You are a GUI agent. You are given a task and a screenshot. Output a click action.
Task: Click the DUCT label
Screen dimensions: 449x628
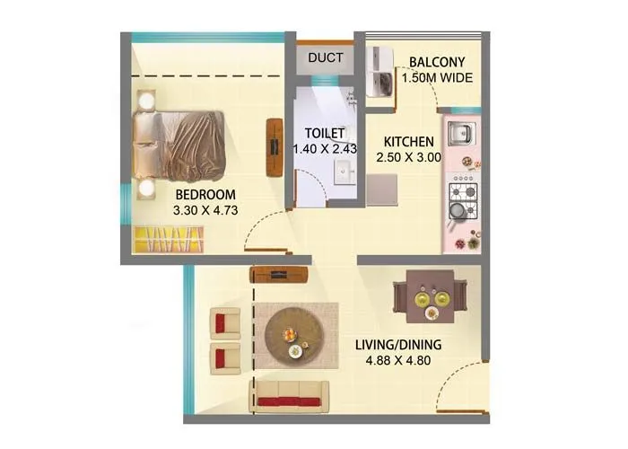coord(326,58)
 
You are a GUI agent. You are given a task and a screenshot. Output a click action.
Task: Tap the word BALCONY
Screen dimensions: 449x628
coord(436,62)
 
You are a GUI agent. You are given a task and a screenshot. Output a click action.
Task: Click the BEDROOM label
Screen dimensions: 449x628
coord(205,195)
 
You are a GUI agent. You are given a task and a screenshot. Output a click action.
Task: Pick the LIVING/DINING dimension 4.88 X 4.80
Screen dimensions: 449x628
coord(409,361)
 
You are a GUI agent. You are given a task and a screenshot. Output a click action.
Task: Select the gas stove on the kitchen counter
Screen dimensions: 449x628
coord(463,193)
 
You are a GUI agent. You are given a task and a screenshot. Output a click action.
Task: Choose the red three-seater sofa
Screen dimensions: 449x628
coord(290,395)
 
